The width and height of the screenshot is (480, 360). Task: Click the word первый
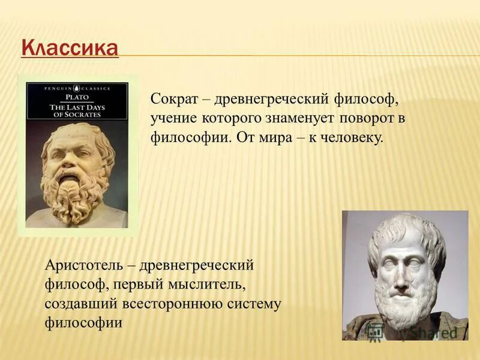tap(136, 284)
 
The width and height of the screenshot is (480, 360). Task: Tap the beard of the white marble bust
tap(403, 306)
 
